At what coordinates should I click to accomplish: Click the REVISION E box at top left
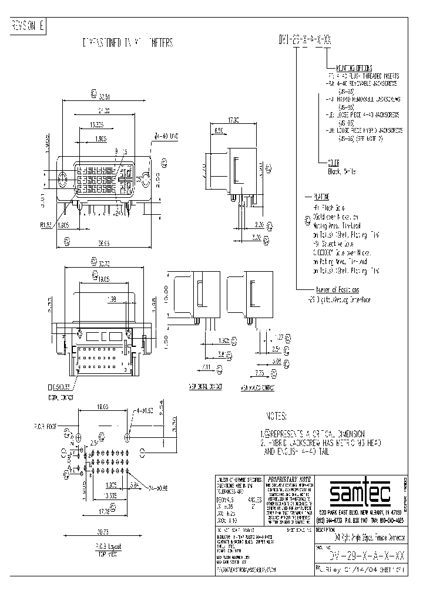point(28,26)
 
